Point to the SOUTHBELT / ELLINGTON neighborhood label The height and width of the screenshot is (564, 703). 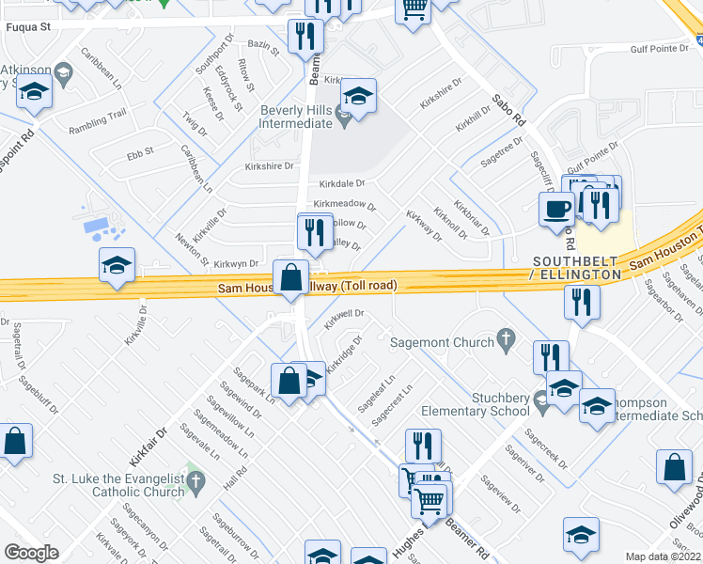point(575,267)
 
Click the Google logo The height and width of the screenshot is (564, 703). point(31,553)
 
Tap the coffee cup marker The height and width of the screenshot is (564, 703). point(555,208)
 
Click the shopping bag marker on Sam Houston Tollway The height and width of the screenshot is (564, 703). point(290,277)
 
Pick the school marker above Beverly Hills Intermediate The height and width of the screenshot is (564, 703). point(357,96)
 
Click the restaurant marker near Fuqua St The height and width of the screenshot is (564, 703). point(305,37)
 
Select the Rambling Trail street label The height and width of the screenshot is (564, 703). point(103,116)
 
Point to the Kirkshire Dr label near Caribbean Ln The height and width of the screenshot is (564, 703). point(243,165)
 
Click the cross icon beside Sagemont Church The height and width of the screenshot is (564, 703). point(506,337)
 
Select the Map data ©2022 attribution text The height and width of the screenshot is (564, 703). point(664,556)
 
